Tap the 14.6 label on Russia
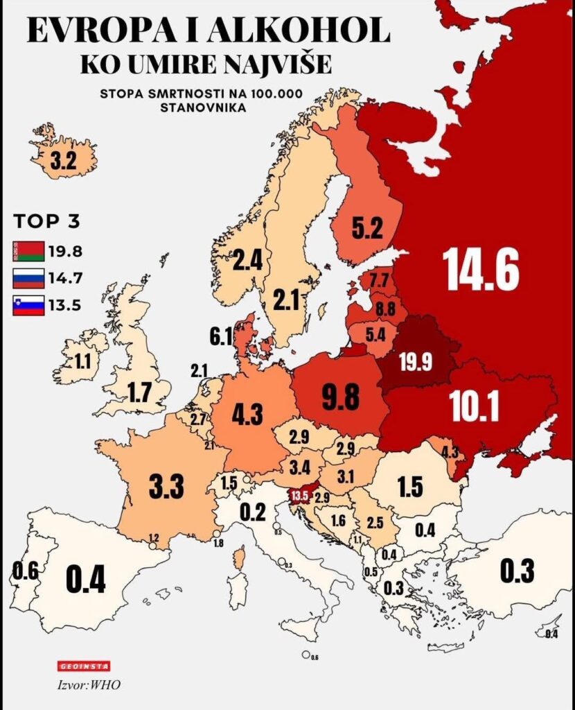click(x=481, y=269)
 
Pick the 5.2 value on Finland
click(x=366, y=228)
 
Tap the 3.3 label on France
click(x=166, y=486)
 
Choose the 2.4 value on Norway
click(x=247, y=261)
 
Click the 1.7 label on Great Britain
click(x=139, y=393)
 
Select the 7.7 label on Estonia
click(x=378, y=282)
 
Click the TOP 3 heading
click(x=46, y=223)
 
